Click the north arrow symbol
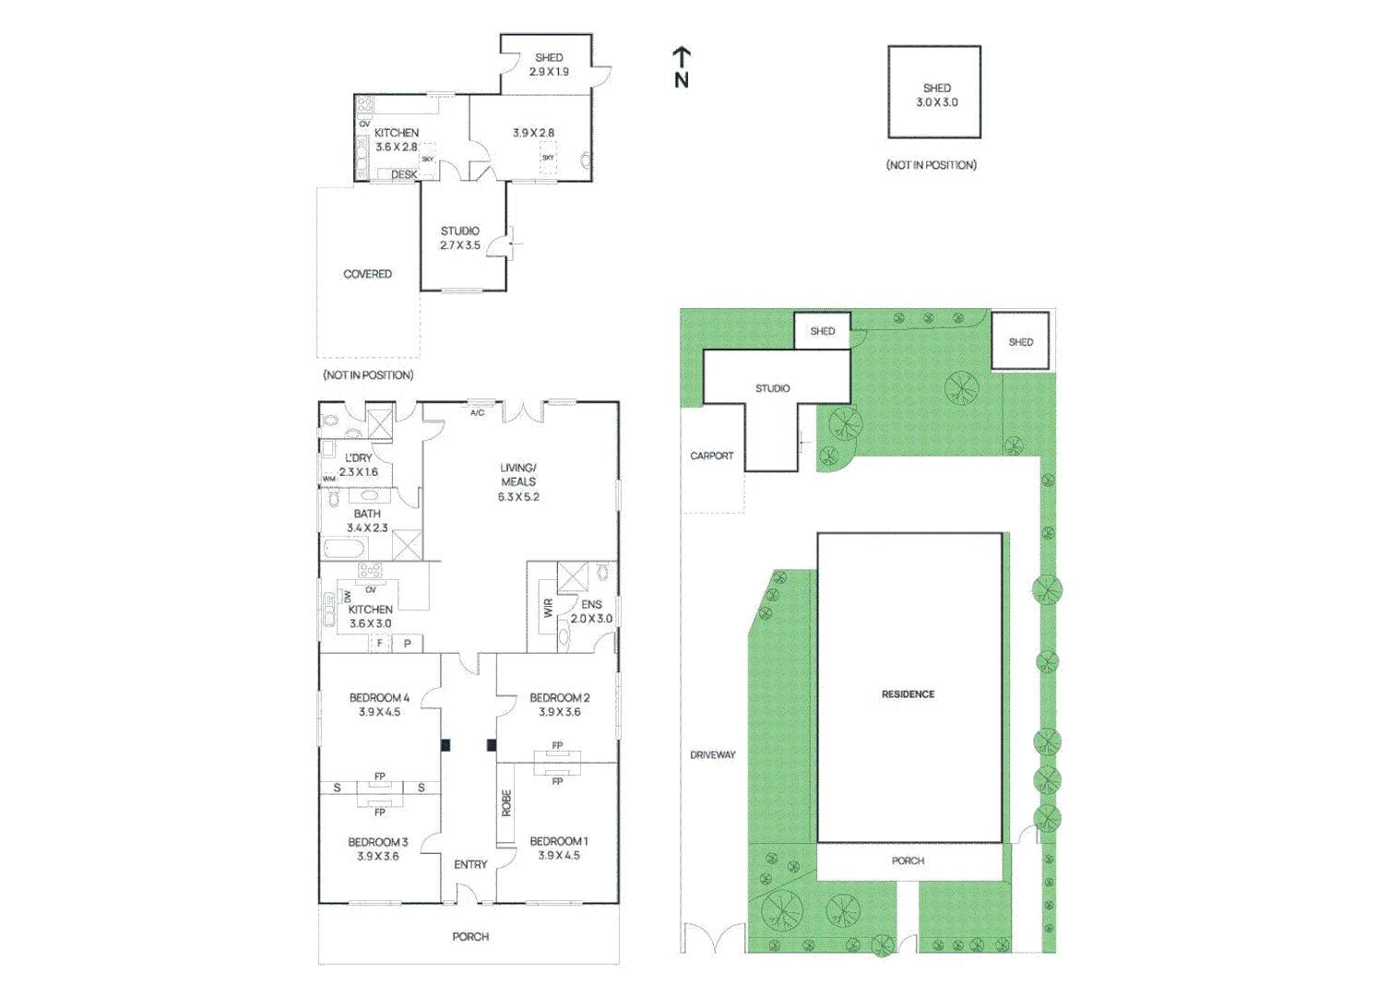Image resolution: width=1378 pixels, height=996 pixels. (682, 66)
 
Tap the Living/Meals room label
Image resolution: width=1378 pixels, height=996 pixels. (518, 474)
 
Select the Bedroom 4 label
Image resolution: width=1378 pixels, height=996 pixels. (379, 698)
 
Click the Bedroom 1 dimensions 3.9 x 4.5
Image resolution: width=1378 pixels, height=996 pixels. (559, 856)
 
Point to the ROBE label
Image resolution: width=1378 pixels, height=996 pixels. (506, 803)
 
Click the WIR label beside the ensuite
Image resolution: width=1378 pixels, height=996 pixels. (548, 608)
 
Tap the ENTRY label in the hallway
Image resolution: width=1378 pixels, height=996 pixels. (470, 864)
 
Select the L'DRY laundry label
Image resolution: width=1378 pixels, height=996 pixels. (358, 457)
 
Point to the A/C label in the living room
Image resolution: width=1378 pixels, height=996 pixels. (477, 413)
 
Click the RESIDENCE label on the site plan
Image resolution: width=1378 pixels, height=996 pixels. (908, 694)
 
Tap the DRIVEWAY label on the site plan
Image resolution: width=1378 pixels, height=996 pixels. (713, 755)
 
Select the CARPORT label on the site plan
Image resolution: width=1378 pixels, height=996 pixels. (712, 456)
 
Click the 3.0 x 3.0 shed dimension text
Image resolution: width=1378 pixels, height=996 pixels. (936, 102)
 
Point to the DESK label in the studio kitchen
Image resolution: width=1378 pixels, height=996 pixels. (403, 174)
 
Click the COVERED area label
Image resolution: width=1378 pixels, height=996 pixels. (367, 274)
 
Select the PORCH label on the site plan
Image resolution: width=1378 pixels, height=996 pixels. (908, 860)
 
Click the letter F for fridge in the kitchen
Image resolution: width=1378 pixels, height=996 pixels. (380, 644)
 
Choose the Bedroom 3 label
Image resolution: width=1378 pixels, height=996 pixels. (377, 842)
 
